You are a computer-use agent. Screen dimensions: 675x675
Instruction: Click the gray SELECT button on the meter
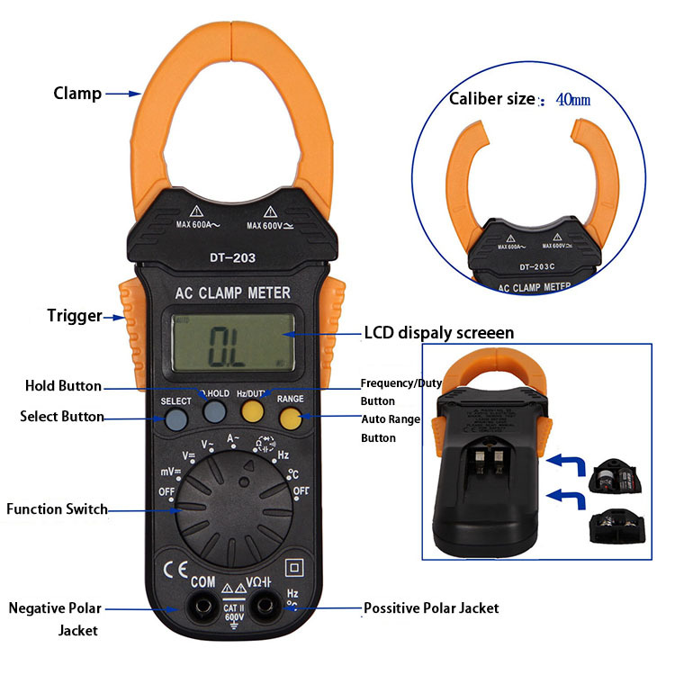point(176,418)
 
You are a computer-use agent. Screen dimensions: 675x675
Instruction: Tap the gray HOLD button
point(214,413)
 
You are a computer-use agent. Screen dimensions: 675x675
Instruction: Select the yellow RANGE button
point(290,416)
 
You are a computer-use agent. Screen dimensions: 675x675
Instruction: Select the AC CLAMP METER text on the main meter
point(232,292)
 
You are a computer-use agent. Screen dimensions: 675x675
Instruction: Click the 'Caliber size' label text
point(491,99)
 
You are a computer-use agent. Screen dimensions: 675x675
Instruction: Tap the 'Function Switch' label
point(57,508)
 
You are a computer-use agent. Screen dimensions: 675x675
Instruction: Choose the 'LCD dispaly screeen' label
point(438,333)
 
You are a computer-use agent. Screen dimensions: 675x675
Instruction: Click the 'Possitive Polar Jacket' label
point(431,608)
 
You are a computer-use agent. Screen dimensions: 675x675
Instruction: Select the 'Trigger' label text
point(75,316)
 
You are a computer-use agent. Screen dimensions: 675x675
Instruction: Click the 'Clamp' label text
point(77,93)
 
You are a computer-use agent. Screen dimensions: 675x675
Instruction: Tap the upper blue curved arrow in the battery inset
point(566,463)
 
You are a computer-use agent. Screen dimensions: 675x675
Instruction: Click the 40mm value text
point(573,100)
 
